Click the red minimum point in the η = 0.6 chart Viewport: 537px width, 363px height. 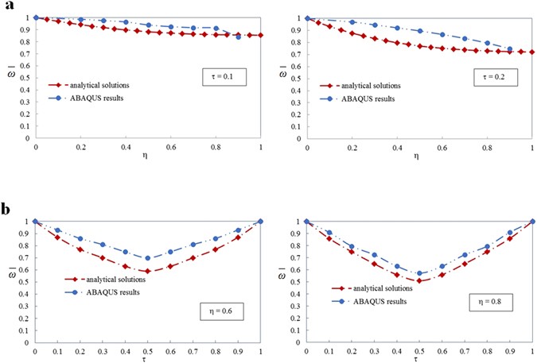[x=147, y=272]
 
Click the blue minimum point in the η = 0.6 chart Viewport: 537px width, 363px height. [x=147, y=258]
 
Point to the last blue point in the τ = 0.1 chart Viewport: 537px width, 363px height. [x=238, y=37]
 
